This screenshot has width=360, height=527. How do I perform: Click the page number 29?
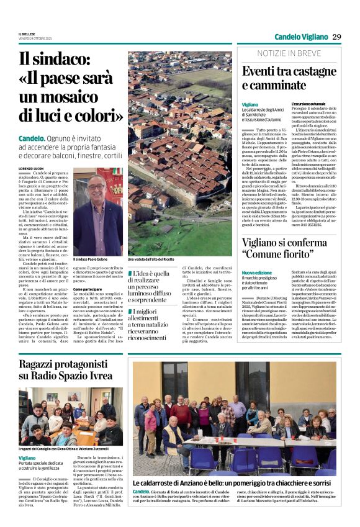336,37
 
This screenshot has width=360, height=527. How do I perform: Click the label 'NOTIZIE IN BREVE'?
289,53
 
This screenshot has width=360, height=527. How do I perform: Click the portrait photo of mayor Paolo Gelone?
98,212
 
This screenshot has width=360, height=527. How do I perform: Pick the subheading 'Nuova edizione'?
256,273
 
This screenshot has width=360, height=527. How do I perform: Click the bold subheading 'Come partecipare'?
88,289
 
